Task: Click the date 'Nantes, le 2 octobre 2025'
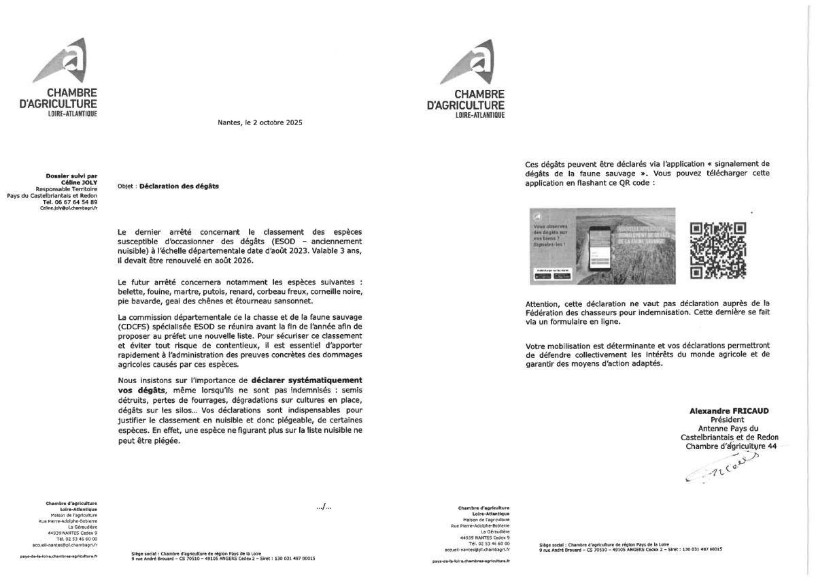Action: tap(260, 122)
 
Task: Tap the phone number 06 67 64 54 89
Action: tap(70, 202)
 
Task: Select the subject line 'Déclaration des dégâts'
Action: tap(169, 186)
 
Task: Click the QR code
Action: tap(717, 250)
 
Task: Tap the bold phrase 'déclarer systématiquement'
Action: tap(307, 379)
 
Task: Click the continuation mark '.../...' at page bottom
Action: tap(324, 506)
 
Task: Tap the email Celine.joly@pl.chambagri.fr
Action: tap(69, 209)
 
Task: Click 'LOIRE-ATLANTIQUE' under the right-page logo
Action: tap(480, 116)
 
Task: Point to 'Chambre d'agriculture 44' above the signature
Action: tap(730, 446)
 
